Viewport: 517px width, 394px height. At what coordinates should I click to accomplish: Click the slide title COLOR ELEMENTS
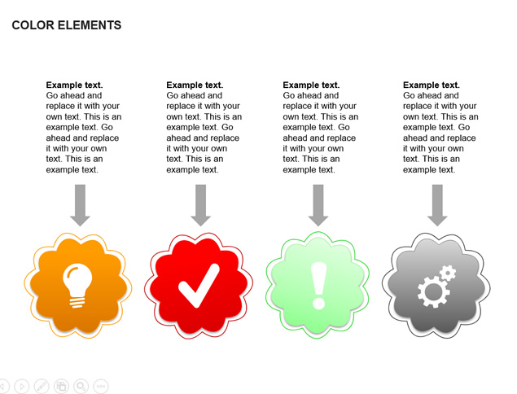[x=67, y=25]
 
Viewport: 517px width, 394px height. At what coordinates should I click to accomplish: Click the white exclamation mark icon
[x=319, y=286]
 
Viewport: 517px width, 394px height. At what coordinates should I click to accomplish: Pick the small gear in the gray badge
[x=448, y=273]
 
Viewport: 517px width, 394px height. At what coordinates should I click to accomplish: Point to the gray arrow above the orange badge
[x=80, y=205]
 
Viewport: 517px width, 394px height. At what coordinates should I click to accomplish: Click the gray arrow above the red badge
[x=200, y=205]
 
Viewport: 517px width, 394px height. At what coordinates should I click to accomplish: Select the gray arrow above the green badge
[x=318, y=205]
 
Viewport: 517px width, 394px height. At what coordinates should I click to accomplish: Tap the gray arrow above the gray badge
[x=437, y=205]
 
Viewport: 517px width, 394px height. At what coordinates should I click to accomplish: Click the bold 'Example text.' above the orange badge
[x=75, y=85]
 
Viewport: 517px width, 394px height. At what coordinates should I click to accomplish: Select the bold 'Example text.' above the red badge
[x=195, y=85]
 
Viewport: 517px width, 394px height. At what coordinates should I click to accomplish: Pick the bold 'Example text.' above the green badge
[x=311, y=85]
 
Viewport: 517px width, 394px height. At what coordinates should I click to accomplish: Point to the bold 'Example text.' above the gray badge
[x=432, y=85]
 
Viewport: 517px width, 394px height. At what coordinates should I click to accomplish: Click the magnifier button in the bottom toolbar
[x=81, y=386]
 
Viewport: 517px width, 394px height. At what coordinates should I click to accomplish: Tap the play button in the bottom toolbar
[x=22, y=386]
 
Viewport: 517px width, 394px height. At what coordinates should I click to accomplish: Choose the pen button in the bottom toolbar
[x=42, y=386]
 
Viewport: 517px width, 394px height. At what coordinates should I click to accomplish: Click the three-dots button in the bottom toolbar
[x=101, y=386]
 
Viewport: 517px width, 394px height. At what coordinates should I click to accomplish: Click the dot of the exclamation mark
[x=319, y=303]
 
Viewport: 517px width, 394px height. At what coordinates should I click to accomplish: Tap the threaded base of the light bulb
[x=77, y=302]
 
